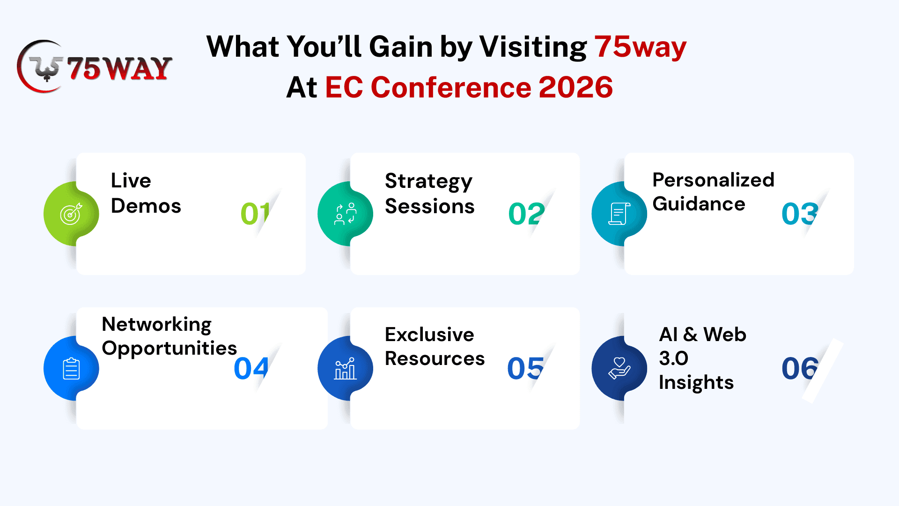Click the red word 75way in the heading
click(640, 47)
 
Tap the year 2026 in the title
click(575, 87)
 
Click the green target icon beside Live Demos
click(71, 214)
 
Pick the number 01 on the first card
click(255, 214)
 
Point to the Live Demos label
click(146, 193)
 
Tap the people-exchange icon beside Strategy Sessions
click(345, 214)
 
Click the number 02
click(526, 214)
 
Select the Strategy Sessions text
click(429, 193)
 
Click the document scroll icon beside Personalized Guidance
click(619, 214)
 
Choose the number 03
click(800, 214)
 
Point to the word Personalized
click(713, 180)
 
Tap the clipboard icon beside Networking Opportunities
click(71, 368)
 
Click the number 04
click(251, 368)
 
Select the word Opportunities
click(169, 349)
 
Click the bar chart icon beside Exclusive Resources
click(345, 368)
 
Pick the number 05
click(525, 368)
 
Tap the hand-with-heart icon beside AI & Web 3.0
click(619, 368)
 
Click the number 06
click(800, 368)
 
